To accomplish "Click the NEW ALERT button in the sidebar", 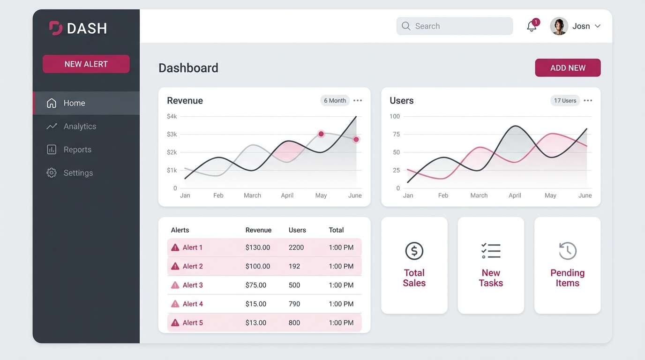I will click(86, 64).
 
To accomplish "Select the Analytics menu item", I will click(80, 127).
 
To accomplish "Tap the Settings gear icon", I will click(52, 173).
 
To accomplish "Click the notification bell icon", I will click(532, 26).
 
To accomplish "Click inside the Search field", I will click(455, 26).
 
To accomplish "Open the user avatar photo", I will click(559, 26).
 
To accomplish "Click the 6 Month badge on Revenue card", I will click(335, 101).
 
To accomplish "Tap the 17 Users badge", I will click(565, 101).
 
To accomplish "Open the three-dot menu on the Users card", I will click(588, 101).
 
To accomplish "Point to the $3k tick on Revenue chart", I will click(172, 135).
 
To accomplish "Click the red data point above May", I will click(321, 134).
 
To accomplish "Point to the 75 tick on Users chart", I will click(396, 135).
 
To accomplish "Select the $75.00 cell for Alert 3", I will click(256, 285).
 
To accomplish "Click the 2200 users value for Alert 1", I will click(296, 247).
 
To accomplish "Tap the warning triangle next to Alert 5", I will click(175, 322).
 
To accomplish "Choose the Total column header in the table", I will click(336, 230).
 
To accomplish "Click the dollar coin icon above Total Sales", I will click(414, 251).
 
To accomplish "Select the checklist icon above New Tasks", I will click(491, 251).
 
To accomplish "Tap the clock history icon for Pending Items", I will click(568, 251).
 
